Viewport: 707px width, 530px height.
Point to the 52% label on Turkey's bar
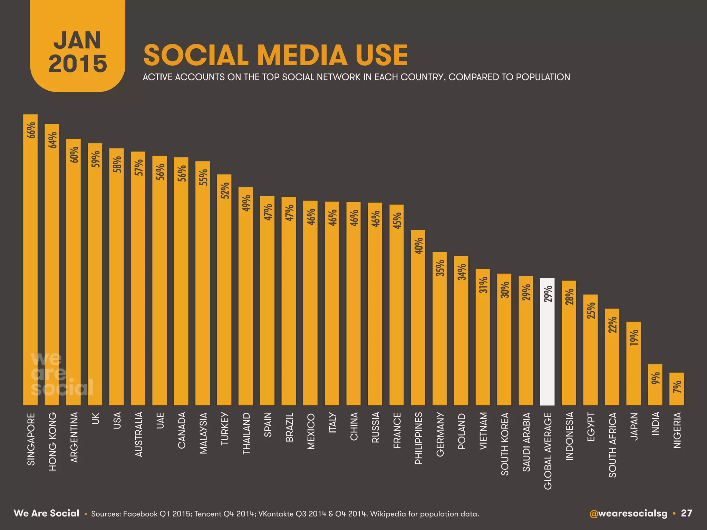pyautogui.click(x=225, y=190)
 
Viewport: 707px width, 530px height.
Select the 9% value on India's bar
pyautogui.click(x=655, y=379)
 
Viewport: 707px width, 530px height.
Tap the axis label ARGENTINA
pyautogui.click(x=74, y=437)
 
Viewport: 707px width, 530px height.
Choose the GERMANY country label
pyautogui.click(x=440, y=434)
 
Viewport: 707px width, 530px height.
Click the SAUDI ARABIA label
pyautogui.click(x=526, y=442)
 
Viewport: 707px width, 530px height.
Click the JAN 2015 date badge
pyautogui.click(x=78, y=52)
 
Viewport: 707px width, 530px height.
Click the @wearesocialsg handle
pyautogui.click(x=628, y=513)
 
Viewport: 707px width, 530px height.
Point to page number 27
pyautogui.click(x=686, y=513)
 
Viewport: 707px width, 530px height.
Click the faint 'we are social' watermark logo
pyautogui.click(x=61, y=374)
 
